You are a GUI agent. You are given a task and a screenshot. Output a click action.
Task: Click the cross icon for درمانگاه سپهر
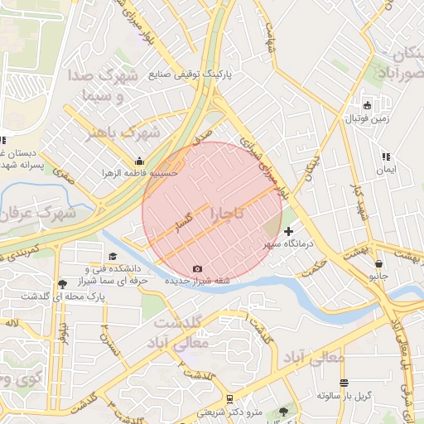click(x=288, y=231)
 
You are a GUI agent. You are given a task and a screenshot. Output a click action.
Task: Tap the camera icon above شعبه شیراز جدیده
click(x=197, y=268)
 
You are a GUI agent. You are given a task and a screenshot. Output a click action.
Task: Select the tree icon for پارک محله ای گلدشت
click(x=62, y=284)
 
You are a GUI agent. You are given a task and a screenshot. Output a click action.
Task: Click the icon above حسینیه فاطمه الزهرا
click(x=138, y=161)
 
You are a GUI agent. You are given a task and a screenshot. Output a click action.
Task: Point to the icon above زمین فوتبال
click(x=367, y=105)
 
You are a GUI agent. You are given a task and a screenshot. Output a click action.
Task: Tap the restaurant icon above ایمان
click(x=385, y=156)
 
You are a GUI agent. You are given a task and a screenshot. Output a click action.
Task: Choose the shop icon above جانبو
click(x=378, y=262)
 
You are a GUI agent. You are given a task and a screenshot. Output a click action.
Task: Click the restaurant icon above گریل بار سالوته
click(x=344, y=383)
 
